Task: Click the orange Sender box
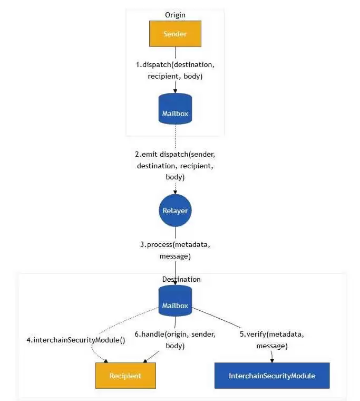pos(175,34)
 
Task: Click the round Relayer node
pos(175,211)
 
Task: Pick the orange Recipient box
pos(125,376)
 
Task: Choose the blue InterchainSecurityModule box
pos(271,376)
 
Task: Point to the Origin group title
pos(175,15)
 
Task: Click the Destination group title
pos(181,279)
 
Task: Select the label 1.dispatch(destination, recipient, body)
pos(175,70)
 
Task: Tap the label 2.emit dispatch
pos(175,166)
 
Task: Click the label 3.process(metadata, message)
pos(175,251)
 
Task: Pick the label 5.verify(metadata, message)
pos(271,340)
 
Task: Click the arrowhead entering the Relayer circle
pos(175,192)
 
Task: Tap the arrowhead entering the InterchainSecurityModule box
pos(271,360)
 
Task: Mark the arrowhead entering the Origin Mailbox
pos(175,90)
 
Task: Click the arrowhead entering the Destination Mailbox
pos(175,282)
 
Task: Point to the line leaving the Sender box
pos(175,53)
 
